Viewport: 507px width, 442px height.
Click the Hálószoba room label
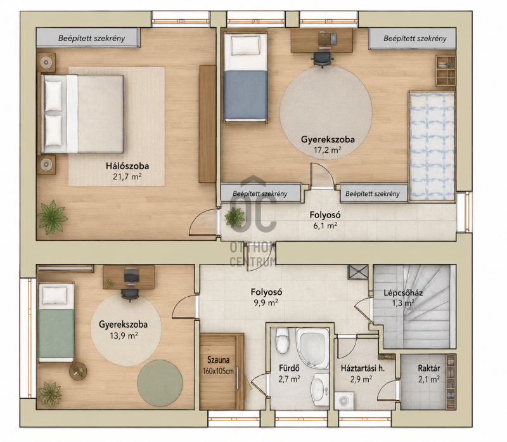click(x=127, y=166)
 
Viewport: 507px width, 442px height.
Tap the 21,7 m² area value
click(x=127, y=177)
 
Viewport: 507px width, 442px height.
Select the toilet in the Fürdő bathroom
click(x=282, y=341)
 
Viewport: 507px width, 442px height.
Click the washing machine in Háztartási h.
click(x=343, y=401)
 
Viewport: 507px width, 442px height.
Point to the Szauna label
click(x=219, y=360)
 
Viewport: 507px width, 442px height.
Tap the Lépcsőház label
click(x=403, y=293)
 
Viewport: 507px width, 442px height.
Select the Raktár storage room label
click(x=429, y=368)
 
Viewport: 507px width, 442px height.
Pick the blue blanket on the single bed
click(x=246, y=95)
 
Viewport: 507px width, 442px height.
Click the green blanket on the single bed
click(x=56, y=334)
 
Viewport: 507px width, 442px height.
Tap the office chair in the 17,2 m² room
click(x=323, y=60)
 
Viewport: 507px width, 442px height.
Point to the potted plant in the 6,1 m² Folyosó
click(x=235, y=216)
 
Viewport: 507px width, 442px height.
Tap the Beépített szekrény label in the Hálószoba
click(x=91, y=38)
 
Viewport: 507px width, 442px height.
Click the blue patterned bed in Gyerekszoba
click(x=432, y=146)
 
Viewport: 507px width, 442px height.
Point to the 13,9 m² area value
click(x=124, y=335)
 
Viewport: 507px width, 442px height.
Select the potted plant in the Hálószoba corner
click(x=52, y=217)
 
